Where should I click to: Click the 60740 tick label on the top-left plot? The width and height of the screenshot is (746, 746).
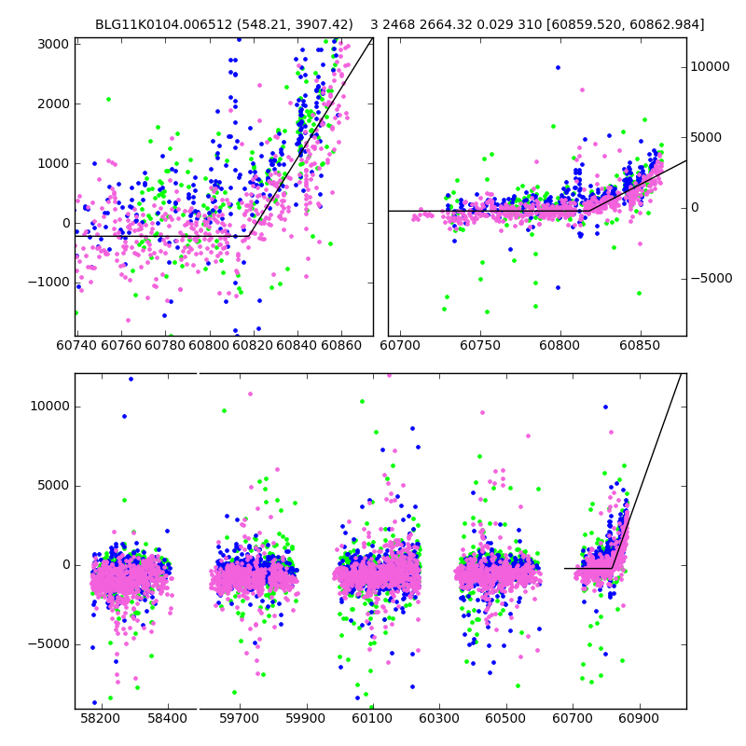(x=77, y=346)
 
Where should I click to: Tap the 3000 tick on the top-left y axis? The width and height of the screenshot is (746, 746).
(x=52, y=44)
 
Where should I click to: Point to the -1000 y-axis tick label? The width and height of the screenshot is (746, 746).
(x=47, y=283)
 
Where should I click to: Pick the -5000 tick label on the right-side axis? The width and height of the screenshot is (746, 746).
(x=713, y=278)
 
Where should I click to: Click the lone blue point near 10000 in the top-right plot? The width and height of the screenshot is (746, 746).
(x=558, y=67)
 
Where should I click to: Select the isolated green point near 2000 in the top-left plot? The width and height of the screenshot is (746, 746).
(x=108, y=99)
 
